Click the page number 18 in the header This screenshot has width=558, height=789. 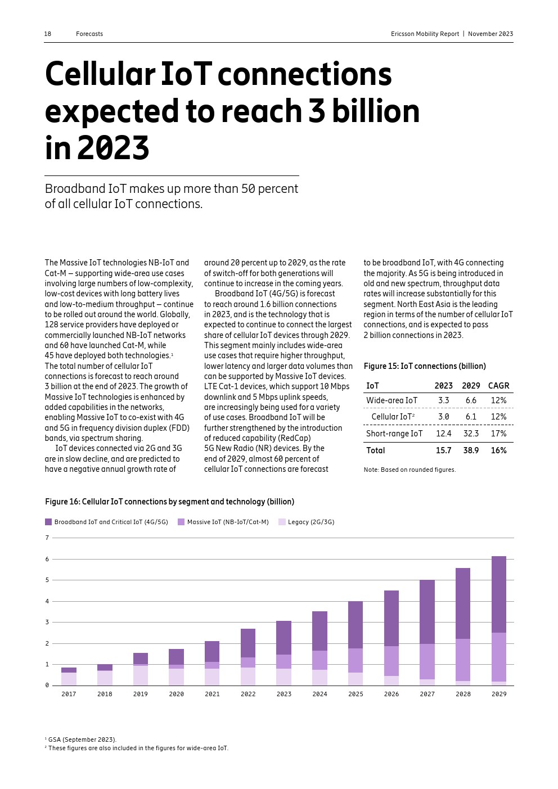(x=48, y=34)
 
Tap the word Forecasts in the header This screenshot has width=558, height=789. (x=89, y=34)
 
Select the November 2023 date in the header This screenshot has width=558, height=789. (x=490, y=34)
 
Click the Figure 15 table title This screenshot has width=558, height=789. (x=425, y=366)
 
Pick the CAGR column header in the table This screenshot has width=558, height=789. (x=498, y=386)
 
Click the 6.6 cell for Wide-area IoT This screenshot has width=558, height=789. (x=471, y=400)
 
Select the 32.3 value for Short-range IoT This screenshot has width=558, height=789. (x=471, y=434)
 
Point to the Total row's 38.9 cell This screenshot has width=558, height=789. (x=471, y=450)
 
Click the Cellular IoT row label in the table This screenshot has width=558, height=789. (x=393, y=417)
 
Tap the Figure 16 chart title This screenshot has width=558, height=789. (x=169, y=502)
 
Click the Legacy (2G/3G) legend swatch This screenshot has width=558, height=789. (x=282, y=522)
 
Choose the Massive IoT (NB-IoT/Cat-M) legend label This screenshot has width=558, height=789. (x=228, y=522)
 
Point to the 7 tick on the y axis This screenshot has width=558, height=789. (x=47, y=538)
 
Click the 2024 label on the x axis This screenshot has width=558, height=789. (x=319, y=694)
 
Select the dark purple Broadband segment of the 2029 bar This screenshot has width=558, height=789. (x=499, y=594)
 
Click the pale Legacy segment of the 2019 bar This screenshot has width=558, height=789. (x=141, y=675)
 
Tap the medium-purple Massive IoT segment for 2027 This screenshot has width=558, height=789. (x=427, y=661)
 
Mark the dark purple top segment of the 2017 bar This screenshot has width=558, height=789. (x=69, y=670)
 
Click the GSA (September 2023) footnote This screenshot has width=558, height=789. (x=82, y=740)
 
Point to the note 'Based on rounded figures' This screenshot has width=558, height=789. (x=409, y=470)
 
